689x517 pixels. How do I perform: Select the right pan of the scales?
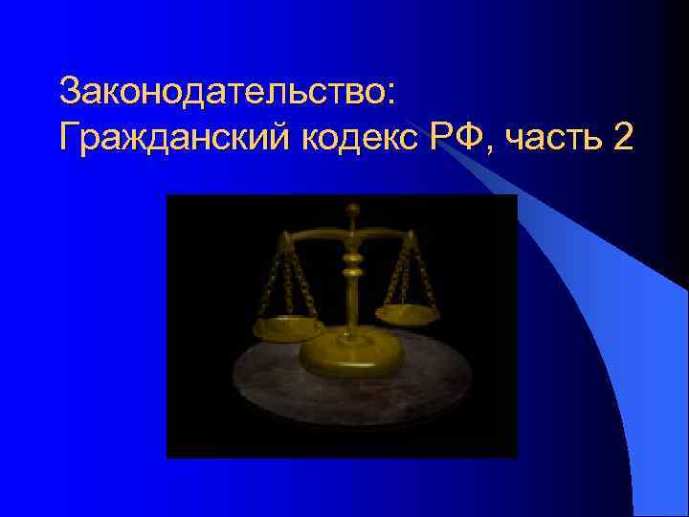[406, 311]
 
